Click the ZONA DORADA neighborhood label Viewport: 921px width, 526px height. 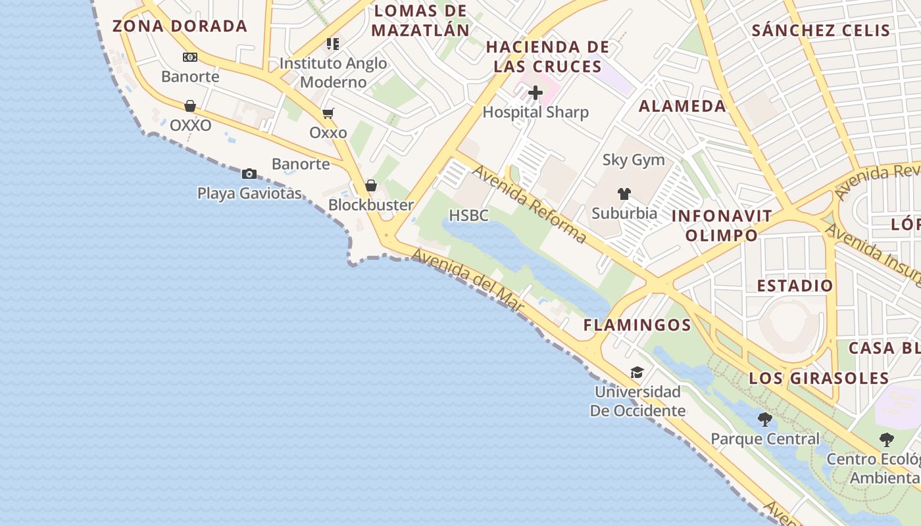point(180,26)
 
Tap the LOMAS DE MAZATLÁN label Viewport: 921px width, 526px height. point(420,20)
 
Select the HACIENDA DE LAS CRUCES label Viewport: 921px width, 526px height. point(547,57)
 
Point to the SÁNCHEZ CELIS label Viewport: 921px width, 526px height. point(820,30)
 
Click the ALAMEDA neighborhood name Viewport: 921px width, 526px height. point(682,106)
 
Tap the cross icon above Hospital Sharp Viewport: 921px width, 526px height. point(535,93)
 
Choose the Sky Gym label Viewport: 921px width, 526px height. point(634,160)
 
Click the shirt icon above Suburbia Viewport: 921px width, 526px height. point(624,193)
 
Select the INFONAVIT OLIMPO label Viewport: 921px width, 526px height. point(722,226)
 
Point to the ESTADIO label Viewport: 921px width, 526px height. point(795,285)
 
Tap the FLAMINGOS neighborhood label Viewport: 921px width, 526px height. point(637,325)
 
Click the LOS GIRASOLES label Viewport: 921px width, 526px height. point(819,378)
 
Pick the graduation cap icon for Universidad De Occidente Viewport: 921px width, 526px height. point(637,373)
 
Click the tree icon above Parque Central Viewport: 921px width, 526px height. point(764,419)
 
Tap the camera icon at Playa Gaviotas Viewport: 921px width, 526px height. point(249,174)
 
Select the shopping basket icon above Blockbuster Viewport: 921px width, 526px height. point(371,185)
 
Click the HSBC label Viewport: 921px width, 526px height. point(468,215)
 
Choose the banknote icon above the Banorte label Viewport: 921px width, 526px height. point(190,57)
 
